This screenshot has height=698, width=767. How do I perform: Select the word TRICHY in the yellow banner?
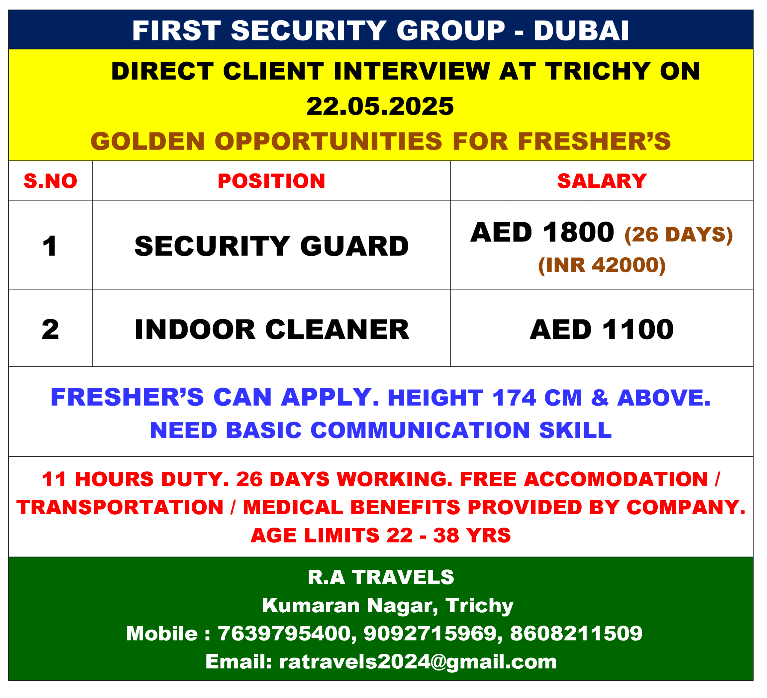point(598,71)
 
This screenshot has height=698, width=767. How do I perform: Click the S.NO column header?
point(51,181)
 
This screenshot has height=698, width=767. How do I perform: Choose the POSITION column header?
point(272,181)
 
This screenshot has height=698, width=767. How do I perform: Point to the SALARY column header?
point(602,181)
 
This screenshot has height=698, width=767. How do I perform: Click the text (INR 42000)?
point(602,265)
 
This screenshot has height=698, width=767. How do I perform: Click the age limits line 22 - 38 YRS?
point(381,536)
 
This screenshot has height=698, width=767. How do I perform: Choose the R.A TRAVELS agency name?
point(381,577)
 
